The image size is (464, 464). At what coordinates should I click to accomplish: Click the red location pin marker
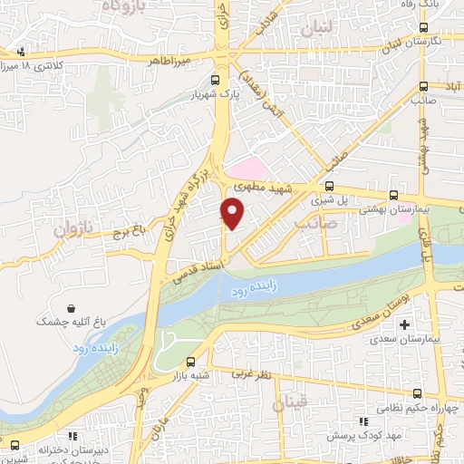(x=233, y=213)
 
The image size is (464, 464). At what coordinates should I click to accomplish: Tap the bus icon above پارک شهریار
(x=214, y=79)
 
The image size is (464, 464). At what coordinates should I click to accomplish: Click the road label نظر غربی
(x=250, y=373)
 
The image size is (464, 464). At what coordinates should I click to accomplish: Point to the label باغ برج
(x=129, y=233)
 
